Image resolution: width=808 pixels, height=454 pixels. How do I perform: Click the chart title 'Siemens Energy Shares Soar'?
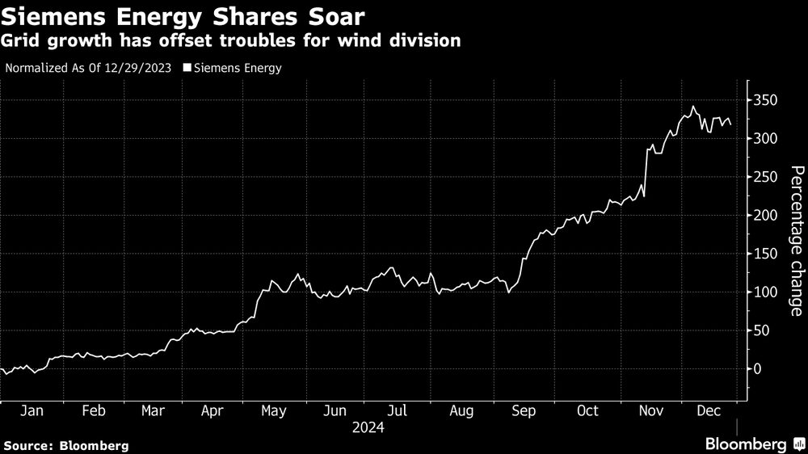[183, 16]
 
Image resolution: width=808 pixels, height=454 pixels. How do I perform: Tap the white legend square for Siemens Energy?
[187, 68]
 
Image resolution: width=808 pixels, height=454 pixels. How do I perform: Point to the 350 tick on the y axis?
[766, 100]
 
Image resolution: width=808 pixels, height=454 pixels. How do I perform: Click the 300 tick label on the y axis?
[766, 139]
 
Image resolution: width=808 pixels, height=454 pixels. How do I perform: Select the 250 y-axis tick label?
[766, 177]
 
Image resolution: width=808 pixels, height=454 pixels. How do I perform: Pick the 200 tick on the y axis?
[766, 216]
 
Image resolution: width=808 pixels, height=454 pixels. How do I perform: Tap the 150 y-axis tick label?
[766, 254]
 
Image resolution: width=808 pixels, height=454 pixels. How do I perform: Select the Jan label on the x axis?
[31, 411]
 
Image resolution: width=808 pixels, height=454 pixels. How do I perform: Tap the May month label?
[273, 411]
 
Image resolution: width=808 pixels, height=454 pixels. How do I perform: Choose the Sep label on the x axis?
[524, 411]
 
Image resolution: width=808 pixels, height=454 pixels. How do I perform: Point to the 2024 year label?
[368, 428]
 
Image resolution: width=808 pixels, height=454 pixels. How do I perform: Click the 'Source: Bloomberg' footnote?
[66, 445]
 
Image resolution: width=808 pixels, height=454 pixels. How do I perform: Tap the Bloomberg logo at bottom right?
[753, 443]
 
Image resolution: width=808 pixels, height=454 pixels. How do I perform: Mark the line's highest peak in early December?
[692, 106]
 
